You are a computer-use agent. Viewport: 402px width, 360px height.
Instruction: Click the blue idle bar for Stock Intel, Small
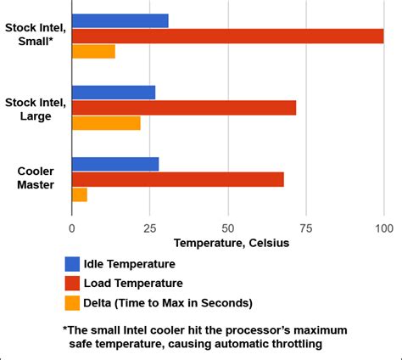(120, 20)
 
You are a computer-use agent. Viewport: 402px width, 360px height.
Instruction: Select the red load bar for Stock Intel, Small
(227, 36)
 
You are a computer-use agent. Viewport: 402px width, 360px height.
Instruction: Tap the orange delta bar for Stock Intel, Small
(93, 51)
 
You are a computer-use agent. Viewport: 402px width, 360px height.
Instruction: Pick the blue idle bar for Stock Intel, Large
(114, 93)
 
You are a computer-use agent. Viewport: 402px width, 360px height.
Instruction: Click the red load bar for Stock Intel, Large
(184, 108)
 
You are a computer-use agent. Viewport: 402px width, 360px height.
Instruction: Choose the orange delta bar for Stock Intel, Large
(106, 123)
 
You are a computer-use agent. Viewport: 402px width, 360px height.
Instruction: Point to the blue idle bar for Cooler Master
(115, 164)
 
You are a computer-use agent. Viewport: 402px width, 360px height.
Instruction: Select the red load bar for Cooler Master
(178, 179)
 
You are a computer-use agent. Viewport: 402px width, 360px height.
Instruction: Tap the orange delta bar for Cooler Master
(80, 194)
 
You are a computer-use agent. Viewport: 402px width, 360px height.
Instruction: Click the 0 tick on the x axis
(72, 228)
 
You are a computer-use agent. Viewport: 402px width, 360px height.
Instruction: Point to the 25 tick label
(150, 228)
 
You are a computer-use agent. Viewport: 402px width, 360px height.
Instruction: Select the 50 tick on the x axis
(228, 228)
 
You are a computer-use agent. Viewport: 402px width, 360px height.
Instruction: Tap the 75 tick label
(306, 228)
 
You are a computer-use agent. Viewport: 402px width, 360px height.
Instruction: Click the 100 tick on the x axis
(383, 228)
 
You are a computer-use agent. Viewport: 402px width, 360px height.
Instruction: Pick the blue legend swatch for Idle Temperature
(72, 264)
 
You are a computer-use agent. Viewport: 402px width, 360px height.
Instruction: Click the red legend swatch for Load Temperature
(72, 283)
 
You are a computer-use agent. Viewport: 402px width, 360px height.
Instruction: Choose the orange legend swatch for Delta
(72, 302)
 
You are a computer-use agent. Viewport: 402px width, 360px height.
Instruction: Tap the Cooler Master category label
(36, 177)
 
